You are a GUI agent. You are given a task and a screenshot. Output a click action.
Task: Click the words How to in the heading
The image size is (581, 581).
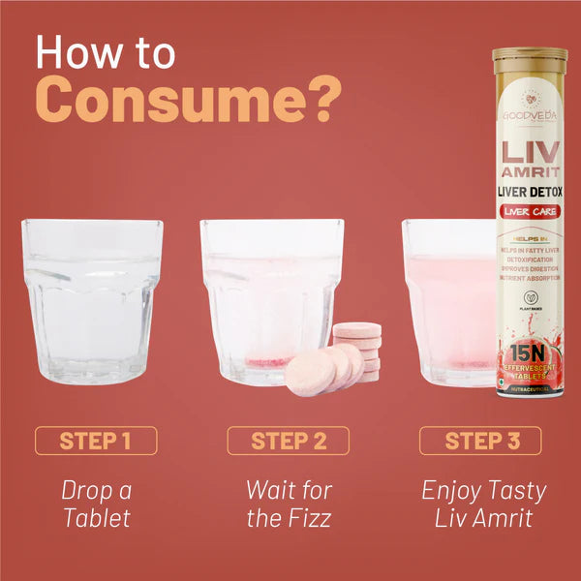coord(106,52)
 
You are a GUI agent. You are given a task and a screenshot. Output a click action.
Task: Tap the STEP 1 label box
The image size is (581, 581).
coord(95,441)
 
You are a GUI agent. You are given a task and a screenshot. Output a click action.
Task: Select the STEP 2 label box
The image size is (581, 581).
coord(288,441)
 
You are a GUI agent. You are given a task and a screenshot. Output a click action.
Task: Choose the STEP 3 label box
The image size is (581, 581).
coord(480,441)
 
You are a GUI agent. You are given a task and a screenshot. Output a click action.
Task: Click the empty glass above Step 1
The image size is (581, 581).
coord(93,300)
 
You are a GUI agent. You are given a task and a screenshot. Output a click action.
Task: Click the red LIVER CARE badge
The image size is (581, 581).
coord(528,211)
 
